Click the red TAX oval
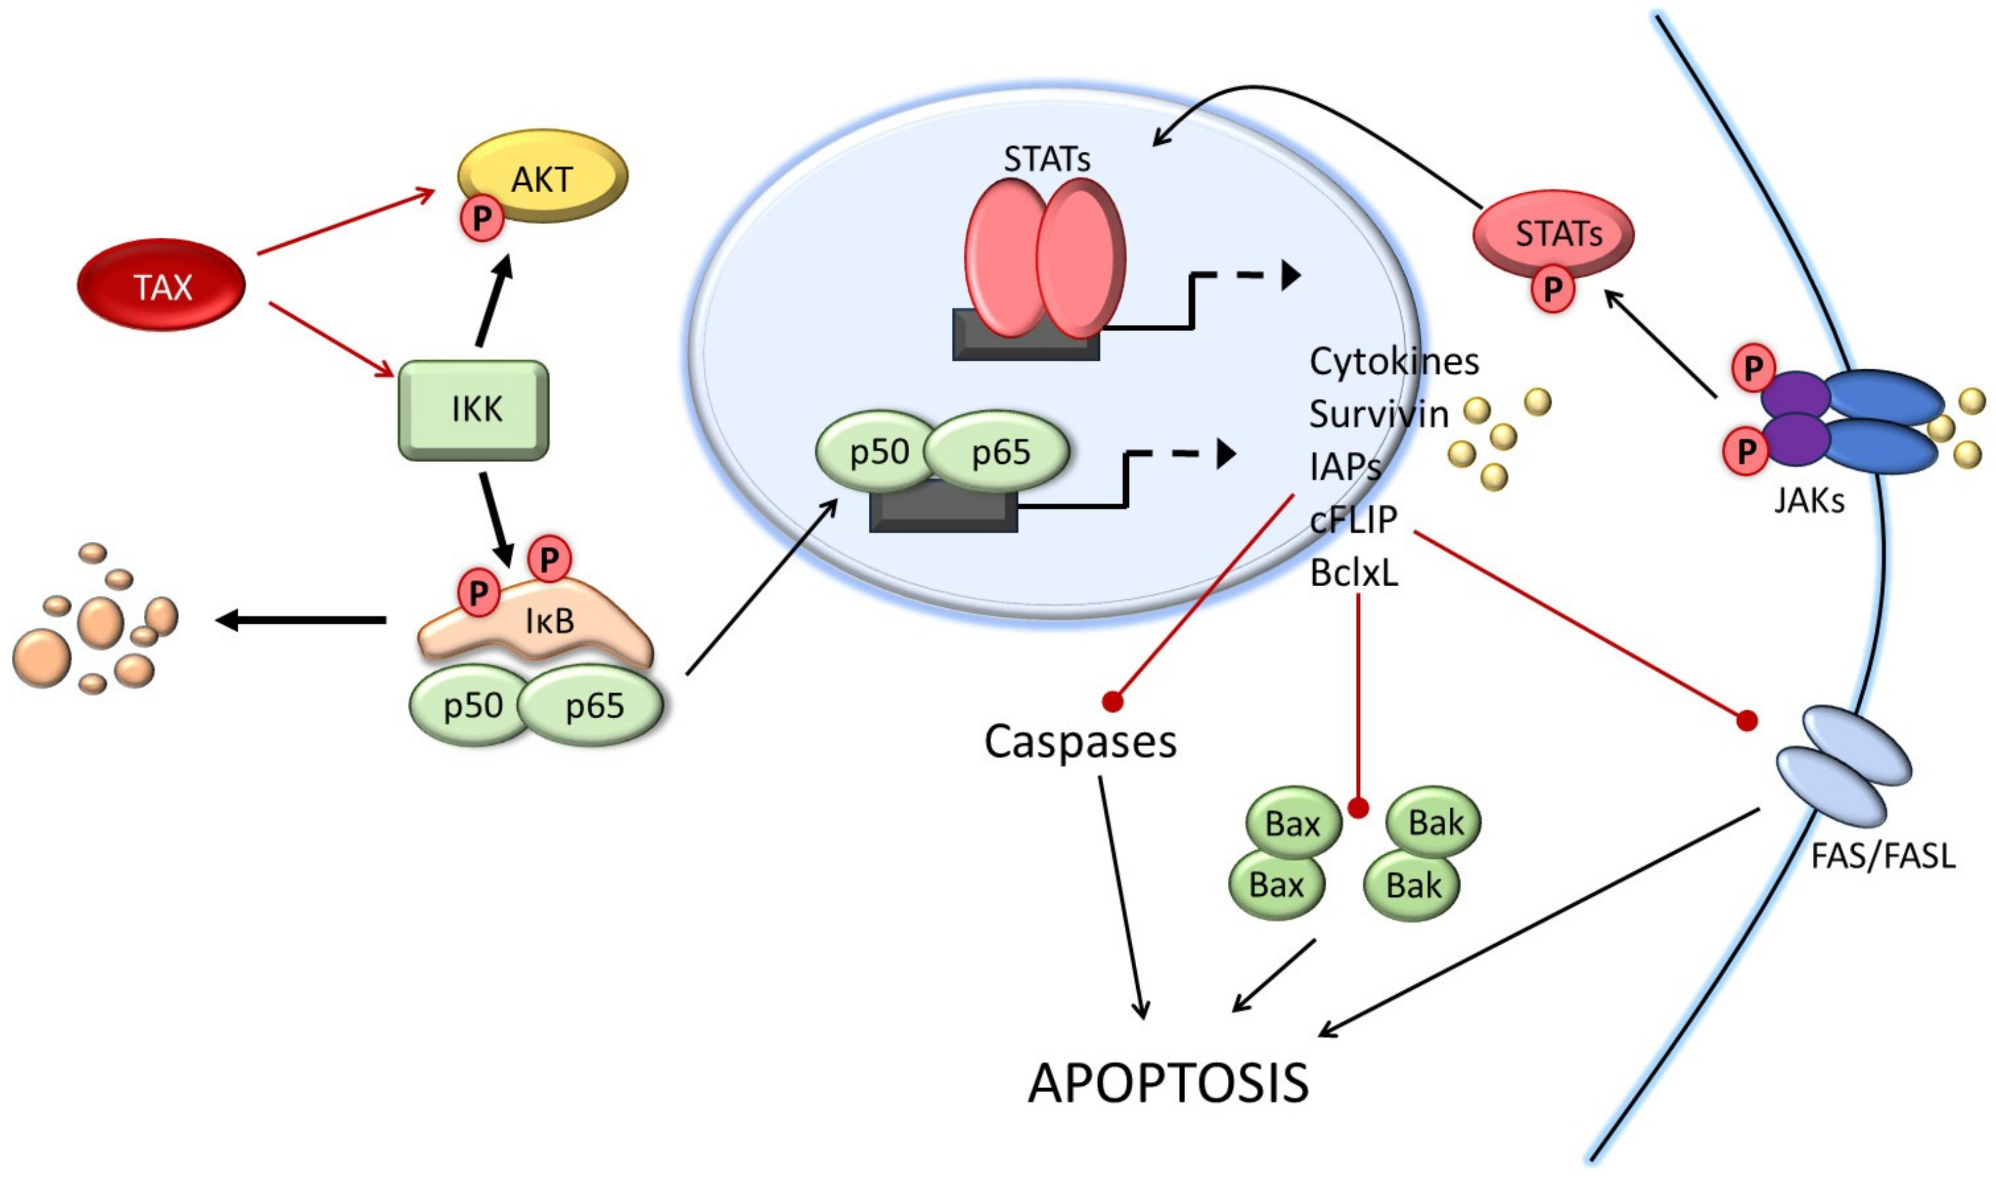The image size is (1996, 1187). tap(161, 285)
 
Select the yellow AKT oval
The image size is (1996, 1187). tap(542, 176)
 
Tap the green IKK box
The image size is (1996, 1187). tap(473, 410)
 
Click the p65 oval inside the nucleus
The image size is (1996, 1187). tap(997, 452)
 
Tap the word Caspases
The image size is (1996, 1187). tap(1081, 741)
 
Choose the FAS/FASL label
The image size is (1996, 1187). tap(1882, 857)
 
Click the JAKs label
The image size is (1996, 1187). tap(1809, 501)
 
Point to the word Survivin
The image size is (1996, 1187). tap(1378, 414)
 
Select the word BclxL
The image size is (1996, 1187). tap(1354, 573)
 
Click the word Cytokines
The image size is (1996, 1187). tap(1394, 361)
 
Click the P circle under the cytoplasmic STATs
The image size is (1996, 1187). tap(1552, 289)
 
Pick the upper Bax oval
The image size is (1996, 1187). tap(1293, 823)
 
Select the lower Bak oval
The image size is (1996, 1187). tap(1412, 885)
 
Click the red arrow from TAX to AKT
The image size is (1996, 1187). tap(346, 221)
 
